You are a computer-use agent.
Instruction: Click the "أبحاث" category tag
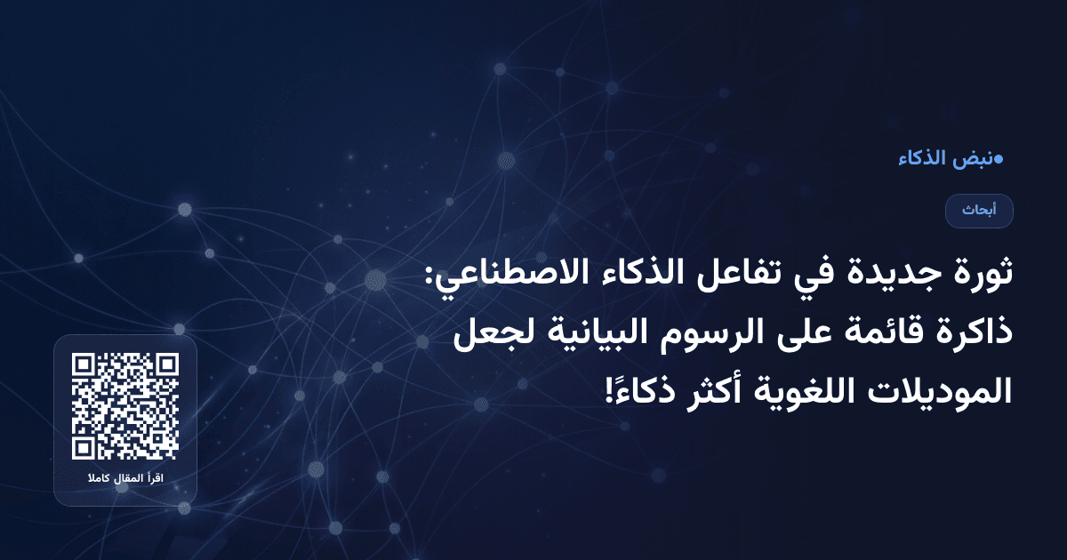pos(979,211)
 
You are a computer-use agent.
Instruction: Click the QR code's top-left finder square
pos(84,365)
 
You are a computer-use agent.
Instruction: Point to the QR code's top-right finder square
pos(167,365)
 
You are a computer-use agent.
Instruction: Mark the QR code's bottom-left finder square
pos(84,449)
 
